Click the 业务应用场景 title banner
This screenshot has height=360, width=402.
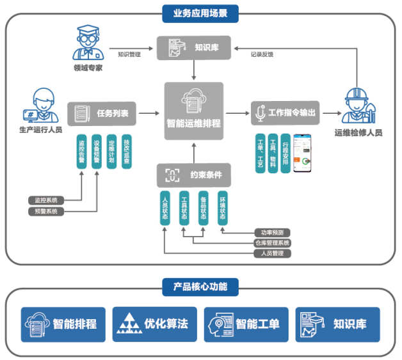click(x=200, y=12)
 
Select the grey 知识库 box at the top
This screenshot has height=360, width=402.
click(x=193, y=47)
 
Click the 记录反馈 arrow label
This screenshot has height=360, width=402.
click(x=261, y=54)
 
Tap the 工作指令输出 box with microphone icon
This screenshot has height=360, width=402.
click(x=284, y=113)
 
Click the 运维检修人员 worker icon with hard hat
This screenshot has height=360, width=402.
click(x=357, y=106)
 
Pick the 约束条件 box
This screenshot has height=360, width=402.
click(x=193, y=175)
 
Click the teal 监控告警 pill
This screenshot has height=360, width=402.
click(x=81, y=151)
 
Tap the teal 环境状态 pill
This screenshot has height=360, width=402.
click(x=222, y=207)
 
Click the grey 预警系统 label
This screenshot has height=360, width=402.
click(x=46, y=211)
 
